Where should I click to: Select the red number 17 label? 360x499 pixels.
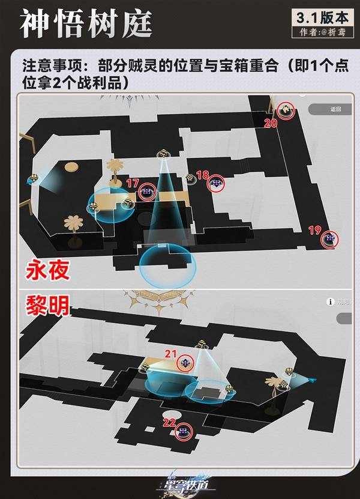click(133, 183)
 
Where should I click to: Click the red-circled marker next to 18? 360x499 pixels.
click(216, 184)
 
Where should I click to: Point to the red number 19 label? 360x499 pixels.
click(313, 230)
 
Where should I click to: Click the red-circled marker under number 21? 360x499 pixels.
click(186, 363)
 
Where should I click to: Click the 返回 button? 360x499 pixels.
click(335, 109)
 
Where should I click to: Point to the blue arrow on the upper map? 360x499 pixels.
click(29, 180)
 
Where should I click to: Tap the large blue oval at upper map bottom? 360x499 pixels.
click(164, 265)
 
